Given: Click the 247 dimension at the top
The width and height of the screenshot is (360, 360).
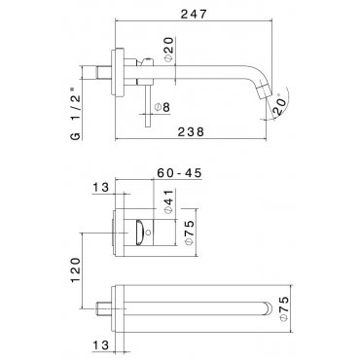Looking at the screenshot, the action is coord(194,14).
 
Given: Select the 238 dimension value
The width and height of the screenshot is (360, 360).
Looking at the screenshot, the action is coord(192,132).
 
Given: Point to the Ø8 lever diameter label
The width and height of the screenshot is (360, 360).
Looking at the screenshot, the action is coord(162,107).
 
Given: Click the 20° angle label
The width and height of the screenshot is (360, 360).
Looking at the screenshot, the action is coord(280,104).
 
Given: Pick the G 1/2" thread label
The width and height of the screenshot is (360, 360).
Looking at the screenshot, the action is coord(76,114).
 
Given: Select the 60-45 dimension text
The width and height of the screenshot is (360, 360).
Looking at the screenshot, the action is coord(179,173).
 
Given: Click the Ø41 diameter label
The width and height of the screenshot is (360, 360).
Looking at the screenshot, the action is coord(169,201).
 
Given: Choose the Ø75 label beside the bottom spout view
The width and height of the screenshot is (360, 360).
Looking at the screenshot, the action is coord(283,308).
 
